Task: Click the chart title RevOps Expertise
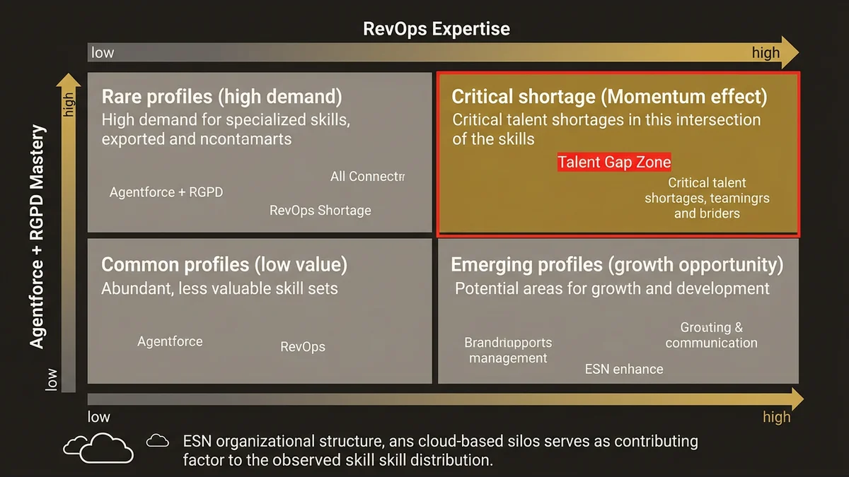click(436, 29)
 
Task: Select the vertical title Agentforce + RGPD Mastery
click(37, 237)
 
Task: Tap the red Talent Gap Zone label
click(613, 162)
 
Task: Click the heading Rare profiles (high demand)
click(221, 97)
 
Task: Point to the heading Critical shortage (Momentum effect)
click(609, 97)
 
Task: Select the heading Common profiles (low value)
click(224, 265)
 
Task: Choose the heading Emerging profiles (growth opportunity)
click(617, 265)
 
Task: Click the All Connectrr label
click(367, 177)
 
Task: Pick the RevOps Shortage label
click(320, 210)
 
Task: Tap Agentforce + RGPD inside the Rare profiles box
click(166, 192)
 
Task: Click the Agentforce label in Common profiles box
click(170, 341)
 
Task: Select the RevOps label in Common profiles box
click(303, 347)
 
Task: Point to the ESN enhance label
click(624, 369)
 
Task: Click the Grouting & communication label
click(711, 336)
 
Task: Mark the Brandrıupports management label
click(508, 351)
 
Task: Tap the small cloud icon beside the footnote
click(158, 441)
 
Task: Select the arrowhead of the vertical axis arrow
click(68, 80)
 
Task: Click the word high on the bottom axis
click(776, 417)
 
